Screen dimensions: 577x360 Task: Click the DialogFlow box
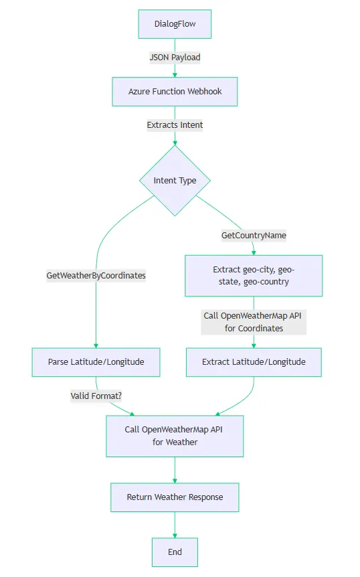pos(175,24)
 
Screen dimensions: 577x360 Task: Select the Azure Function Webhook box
pos(175,91)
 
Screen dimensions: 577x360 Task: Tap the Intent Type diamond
pos(175,181)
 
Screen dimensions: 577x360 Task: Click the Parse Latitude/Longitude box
pos(96,362)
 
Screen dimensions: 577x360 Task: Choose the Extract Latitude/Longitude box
pos(254,362)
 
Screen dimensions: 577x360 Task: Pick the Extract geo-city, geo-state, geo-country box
pos(254,275)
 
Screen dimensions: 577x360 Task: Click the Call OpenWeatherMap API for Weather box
pos(175,436)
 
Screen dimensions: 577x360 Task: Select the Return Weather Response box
pos(175,497)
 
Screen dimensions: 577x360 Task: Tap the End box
pos(175,552)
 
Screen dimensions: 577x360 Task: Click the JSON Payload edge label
pos(175,58)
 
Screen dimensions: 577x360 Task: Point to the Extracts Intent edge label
pos(175,125)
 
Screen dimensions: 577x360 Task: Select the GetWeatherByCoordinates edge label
pos(96,275)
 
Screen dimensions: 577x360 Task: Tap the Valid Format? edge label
pos(96,396)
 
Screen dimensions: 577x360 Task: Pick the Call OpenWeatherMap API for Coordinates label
pos(254,322)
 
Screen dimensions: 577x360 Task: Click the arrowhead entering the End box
pos(175,535)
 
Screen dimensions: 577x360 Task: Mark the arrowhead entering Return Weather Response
pos(175,480)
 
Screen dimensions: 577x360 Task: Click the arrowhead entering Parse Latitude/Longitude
pos(96,345)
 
